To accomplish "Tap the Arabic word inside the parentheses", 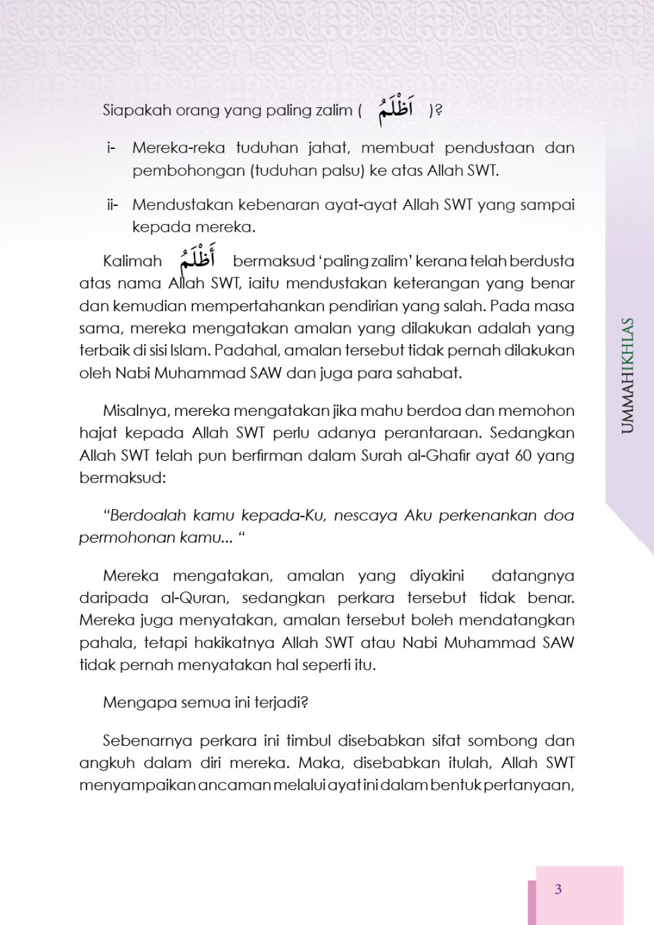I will tap(395, 111).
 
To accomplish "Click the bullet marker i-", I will tap(111, 148).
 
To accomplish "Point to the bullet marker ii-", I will tap(113, 205).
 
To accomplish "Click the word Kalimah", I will tap(133, 262).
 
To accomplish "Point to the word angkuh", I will tap(105, 763).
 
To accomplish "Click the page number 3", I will tap(558, 889).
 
